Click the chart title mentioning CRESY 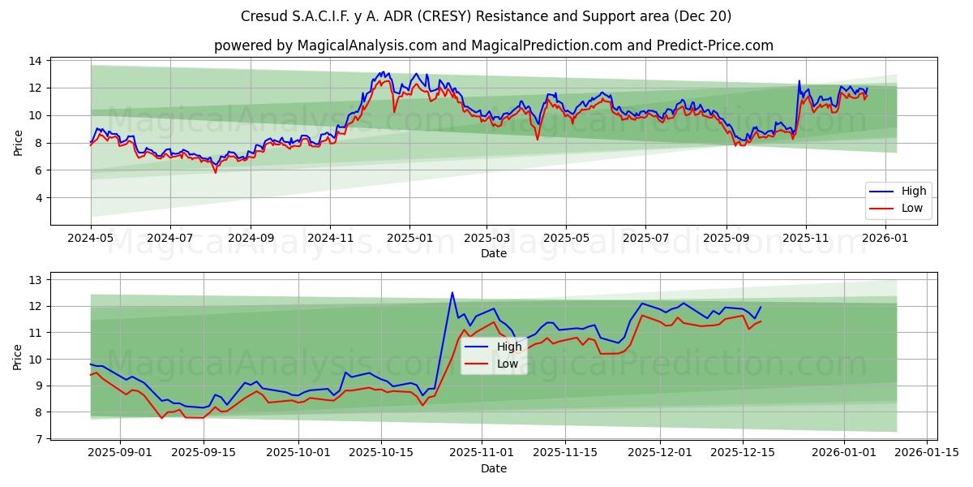[486, 16]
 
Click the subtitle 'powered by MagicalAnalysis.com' [493, 45]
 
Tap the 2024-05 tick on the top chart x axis [91, 238]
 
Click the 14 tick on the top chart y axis [35, 61]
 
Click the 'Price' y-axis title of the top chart [18, 142]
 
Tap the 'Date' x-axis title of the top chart [493, 253]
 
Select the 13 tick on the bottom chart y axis [35, 279]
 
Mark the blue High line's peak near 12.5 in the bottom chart [452, 293]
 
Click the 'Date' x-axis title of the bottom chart [493, 468]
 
